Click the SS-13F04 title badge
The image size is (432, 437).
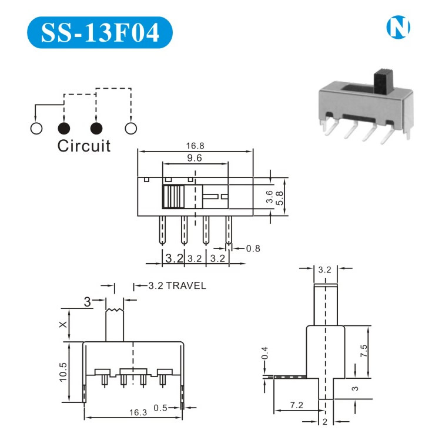(x=101, y=32)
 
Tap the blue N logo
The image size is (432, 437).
(x=398, y=26)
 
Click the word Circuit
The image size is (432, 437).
(x=83, y=146)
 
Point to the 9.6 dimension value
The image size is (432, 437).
(x=194, y=158)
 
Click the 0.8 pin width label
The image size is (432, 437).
(x=253, y=248)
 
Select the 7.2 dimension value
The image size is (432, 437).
(x=297, y=405)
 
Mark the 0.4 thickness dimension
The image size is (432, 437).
(x=265, y=354)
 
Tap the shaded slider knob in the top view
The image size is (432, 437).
(x=174, y=197)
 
